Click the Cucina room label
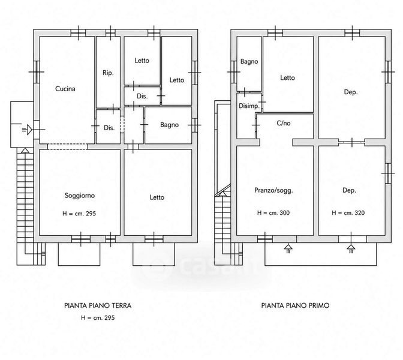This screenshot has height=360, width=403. (x=65, y=89)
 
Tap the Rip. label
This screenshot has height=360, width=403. (x=108, y=73)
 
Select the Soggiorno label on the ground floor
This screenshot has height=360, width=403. (x=80, y=196)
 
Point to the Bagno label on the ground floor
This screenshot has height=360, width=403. (x=169, y=125)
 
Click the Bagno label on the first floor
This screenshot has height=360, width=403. (x=249, y=61)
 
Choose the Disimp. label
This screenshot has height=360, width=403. (x=249, y=106)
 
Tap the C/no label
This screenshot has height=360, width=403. (x=284, y=123)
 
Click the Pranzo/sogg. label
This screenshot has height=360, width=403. (x=273, y=191)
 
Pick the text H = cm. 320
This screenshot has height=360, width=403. (x=348, y=213)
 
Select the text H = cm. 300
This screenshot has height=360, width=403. (x=273, y=213)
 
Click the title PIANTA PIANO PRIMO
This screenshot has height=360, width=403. (x=295, y=305)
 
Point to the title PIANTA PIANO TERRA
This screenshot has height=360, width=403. (x=98, y=305)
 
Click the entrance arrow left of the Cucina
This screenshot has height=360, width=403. (x=27, y=130)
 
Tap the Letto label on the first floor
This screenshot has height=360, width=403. (x=287, y=77)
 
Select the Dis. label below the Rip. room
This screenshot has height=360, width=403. (x=109, y=128)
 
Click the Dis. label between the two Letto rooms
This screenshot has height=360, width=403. (x=142, y=96)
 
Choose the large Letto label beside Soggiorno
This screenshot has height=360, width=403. (x=157, y=197)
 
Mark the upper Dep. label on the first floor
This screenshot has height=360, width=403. (x=351, y=92)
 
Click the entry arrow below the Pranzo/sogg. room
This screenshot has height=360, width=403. (x=288, y=248)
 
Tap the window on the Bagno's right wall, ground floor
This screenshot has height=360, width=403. (x=194, y=125)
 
